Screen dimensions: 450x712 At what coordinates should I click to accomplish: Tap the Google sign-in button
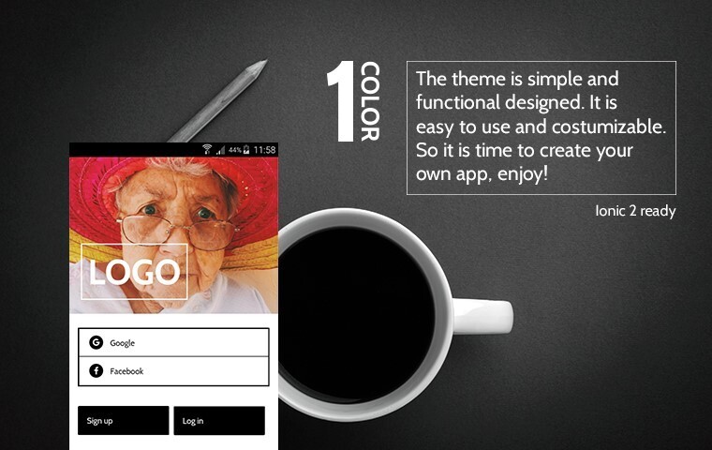coord(173,343)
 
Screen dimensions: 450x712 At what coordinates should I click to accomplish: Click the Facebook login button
coord(173,371)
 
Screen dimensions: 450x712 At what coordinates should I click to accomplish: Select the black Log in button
coord(218,421)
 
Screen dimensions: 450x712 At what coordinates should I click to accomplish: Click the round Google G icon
coord(96,343)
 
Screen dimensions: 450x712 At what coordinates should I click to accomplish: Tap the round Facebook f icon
coord(96,371)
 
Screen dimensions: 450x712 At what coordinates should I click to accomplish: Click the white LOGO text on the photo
coord(134,272)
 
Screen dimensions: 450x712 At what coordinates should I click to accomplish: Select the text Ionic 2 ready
coord(635,211)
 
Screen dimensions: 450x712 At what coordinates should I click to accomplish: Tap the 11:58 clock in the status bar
coord(264,150)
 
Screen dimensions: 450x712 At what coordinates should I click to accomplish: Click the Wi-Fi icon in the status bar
coord(206,150)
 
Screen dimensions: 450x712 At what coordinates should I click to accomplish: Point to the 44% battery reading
coord(234,150)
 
